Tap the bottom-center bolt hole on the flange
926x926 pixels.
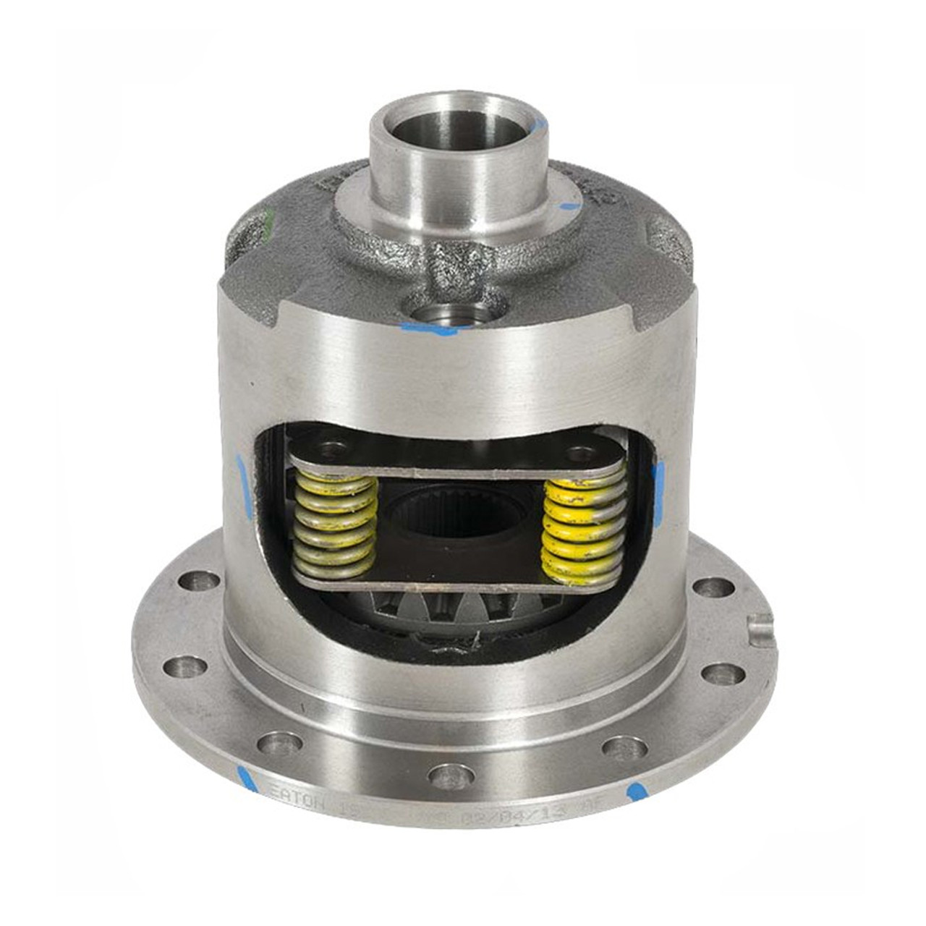(451, 777)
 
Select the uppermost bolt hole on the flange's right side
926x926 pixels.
(713, 587)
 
